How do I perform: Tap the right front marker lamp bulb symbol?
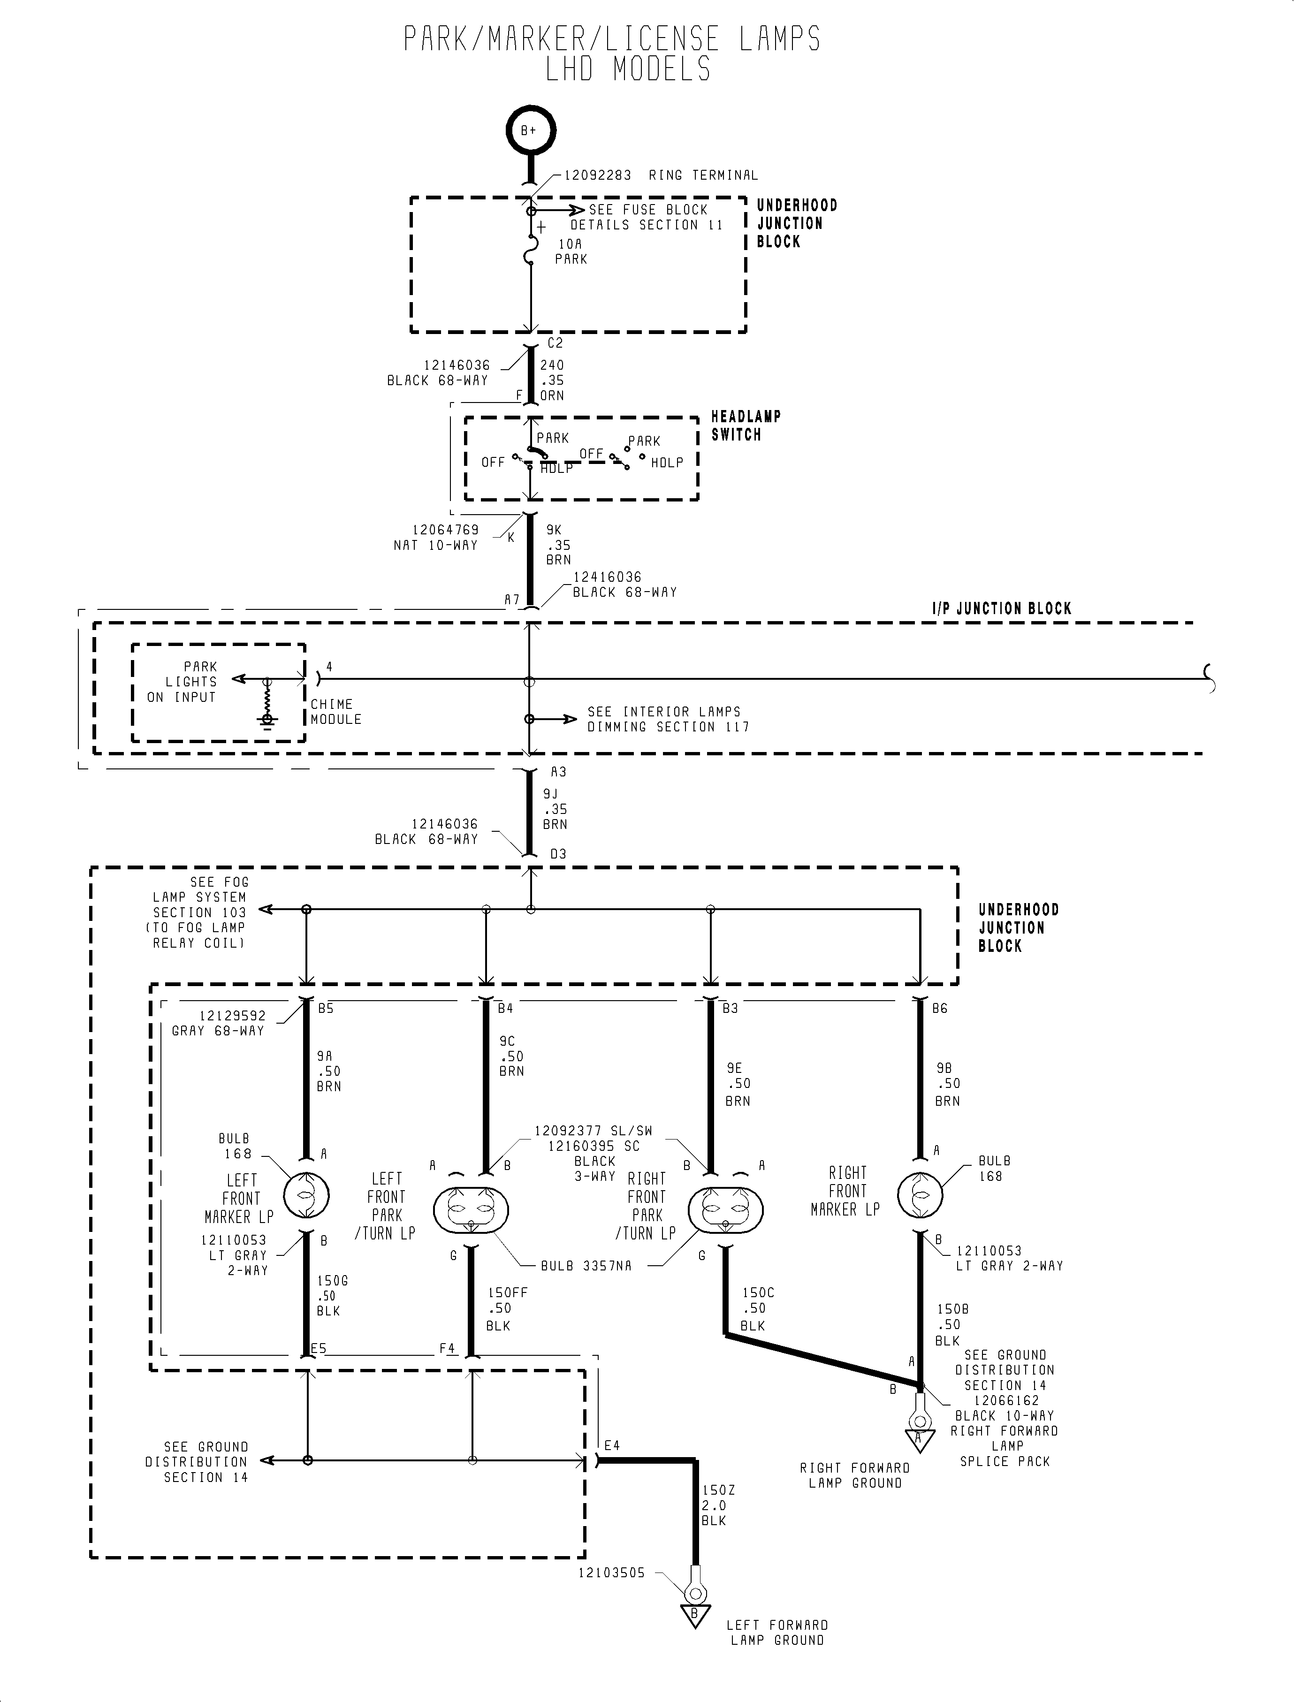click(x=920, y=1194)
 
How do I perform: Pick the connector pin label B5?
click(x=325, y=1008)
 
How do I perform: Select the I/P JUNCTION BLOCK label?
click(x=1001, y=608)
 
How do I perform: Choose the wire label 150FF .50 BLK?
click(x=505, y=1309)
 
